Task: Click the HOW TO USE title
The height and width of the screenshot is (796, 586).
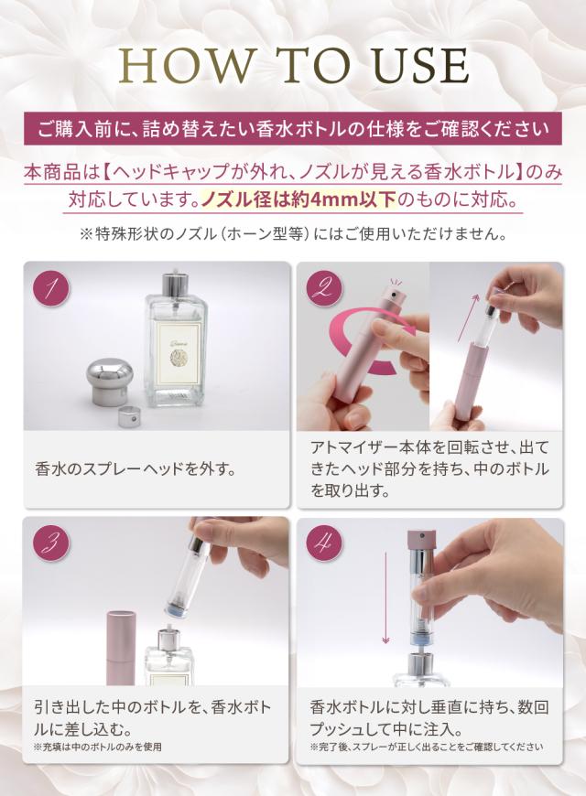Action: point(293,66)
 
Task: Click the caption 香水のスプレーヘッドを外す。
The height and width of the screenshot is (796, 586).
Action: point(136,470)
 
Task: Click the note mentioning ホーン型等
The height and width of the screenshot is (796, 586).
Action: point(293,234)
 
